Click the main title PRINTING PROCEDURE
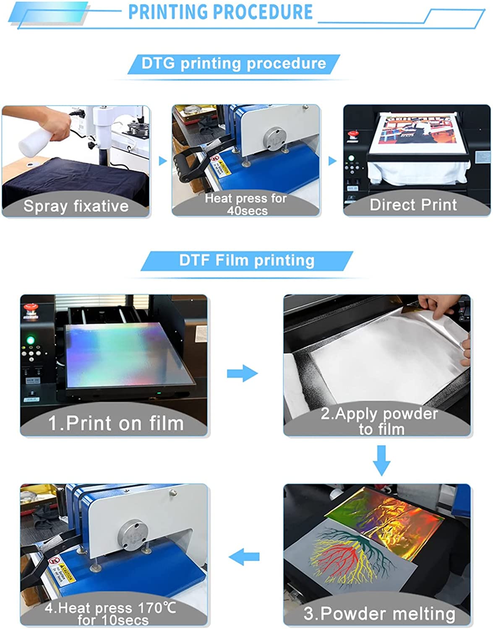point(220,12)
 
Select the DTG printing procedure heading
point(234,63)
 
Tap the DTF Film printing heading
point(247,260)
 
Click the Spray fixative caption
point(76,206)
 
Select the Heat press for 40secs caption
point(246,204)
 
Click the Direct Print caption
point(413,205)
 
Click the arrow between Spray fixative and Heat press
point(162,161)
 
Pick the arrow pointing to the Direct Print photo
point(332,161)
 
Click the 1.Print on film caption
point(116,423)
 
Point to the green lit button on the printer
point(30,339)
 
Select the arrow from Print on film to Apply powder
point(243,373)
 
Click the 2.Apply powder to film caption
point(379,421)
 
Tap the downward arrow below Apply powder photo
point(381,460)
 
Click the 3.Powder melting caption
point(379,613)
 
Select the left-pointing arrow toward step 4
point(244,557)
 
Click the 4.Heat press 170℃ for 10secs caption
point(111,613)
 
